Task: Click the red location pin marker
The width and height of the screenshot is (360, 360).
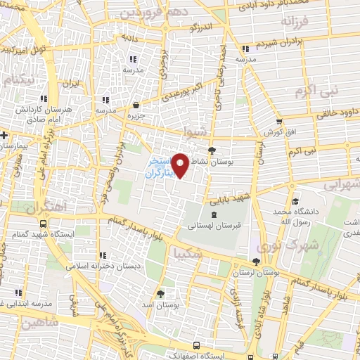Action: click(x=181, y=165)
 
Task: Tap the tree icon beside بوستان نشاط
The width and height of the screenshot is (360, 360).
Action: click(x=212, y=150)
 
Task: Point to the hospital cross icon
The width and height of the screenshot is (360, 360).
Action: click(x=4, y=134)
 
